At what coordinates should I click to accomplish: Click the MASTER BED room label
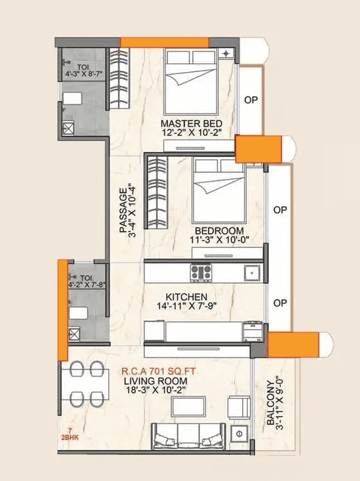click(192, 123)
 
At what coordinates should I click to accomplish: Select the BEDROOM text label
click(220, 231)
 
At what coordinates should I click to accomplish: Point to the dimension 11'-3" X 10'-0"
click(220, 240)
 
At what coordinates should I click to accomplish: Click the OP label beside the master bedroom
click(251, 100)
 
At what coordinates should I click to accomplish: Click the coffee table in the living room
click(188, 406)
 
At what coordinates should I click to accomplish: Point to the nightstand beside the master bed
click(227, 53)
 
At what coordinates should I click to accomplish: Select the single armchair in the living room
click(240, 406)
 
